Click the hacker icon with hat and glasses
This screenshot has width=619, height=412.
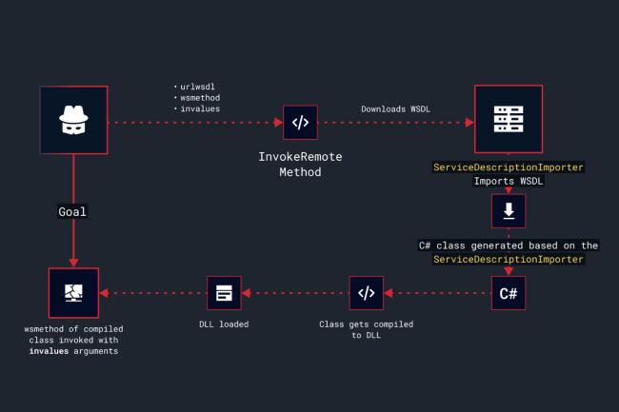coord(73,120)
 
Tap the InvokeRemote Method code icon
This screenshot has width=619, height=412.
coord(300,122)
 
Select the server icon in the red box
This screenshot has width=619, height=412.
coord(508,120)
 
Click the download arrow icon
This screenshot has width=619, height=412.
coord(508,210)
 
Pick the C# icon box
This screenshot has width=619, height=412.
coord(508,293)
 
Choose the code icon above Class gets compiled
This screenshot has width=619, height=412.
coord(367,293)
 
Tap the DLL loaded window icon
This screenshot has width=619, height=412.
coord(225,293)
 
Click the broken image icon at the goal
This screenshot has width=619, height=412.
coord(73,293)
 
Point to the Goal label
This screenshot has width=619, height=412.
coord(73,211)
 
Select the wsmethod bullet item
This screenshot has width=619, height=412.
coord(201,98)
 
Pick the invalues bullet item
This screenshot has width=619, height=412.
coord(201,109)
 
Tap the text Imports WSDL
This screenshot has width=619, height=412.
coord(509,181)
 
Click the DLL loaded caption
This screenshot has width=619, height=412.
coord(225,324)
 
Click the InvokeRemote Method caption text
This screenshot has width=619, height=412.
coord(300,164)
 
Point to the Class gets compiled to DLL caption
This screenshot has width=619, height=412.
coord(367,329)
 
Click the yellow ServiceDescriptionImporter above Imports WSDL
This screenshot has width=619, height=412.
coord(509,167)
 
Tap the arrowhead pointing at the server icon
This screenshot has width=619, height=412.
coord(469,122)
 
